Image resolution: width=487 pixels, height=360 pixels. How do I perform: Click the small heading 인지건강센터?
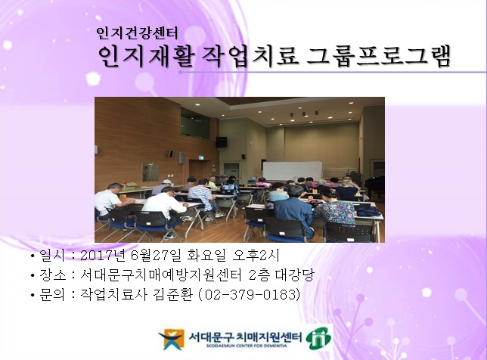[x=138, y=33]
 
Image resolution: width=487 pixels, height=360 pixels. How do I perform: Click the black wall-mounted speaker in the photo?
[x=222, y=142]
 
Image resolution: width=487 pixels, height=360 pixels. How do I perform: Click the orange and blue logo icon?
[x=171, y=338]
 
